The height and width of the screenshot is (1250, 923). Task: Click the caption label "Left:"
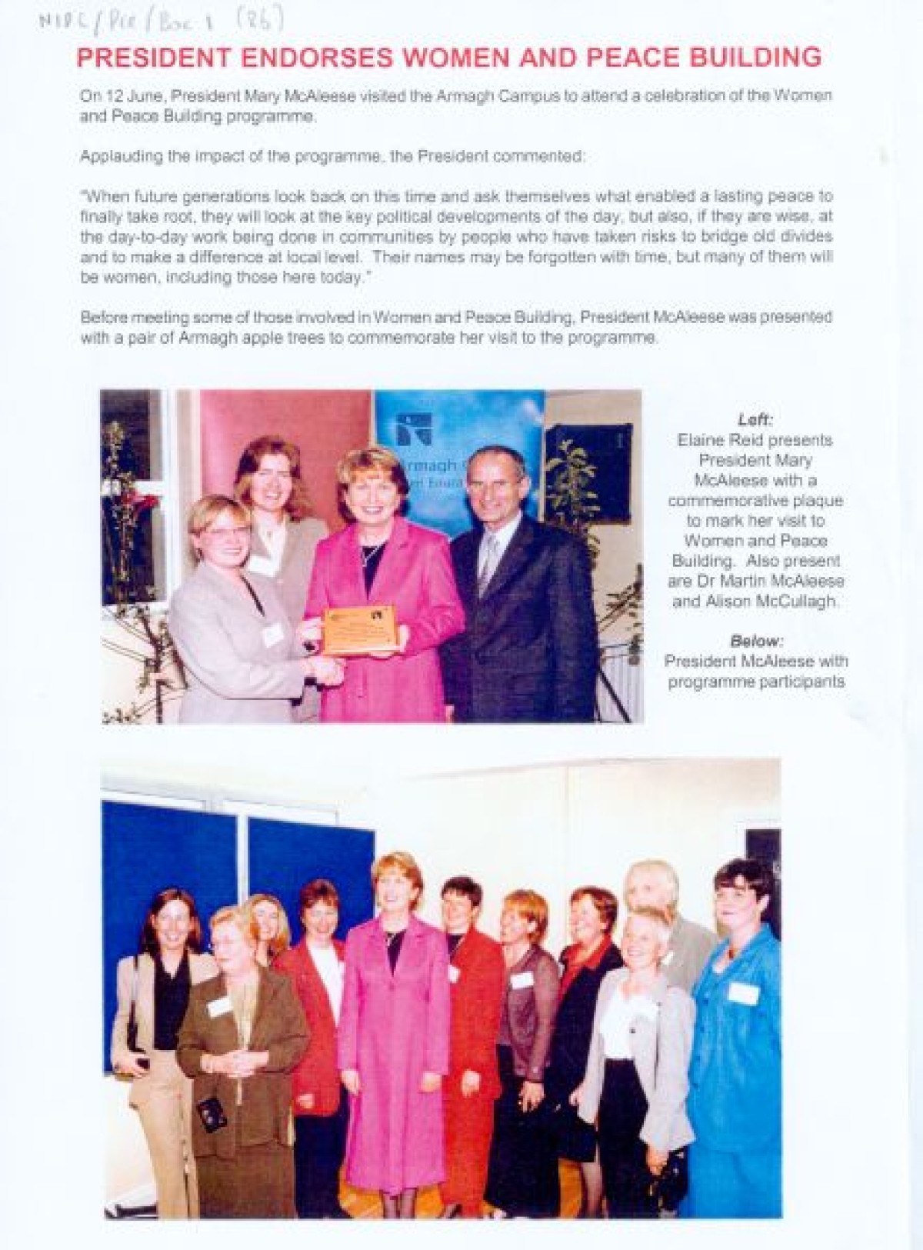(x=755, y=420)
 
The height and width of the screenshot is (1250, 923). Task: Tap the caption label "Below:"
(x=756, y=640)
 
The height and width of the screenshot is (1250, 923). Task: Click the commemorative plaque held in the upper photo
(x=358, y=629)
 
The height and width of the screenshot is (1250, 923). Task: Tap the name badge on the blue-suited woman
(x=742, y=993)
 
